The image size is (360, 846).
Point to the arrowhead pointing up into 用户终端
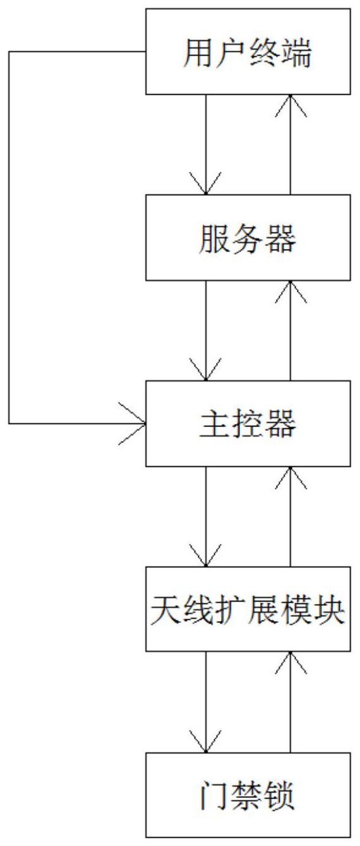(x=290, y=106)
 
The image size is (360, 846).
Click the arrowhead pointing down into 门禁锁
(x=206, y=741)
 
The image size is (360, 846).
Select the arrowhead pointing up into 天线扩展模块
(x=290, y=662)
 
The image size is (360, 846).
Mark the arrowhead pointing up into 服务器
(x=290, y=291)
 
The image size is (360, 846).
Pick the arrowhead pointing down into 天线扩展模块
(x=206, y=555)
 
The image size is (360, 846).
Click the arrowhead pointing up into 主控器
(x=290, y=478)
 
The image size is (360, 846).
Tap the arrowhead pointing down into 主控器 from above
(x=206, y=370)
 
